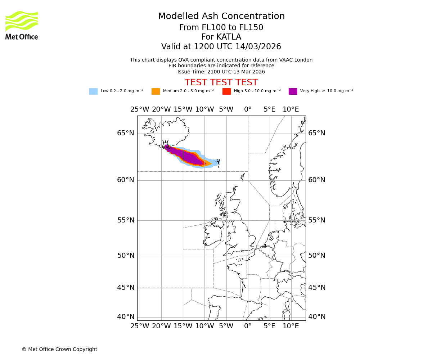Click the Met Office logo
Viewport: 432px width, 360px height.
[x=22, y=25]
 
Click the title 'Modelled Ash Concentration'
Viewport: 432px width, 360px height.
[x=221, y=17]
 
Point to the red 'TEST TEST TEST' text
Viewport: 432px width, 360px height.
[x=221, y=82]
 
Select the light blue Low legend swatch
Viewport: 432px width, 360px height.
[x=93, y=91]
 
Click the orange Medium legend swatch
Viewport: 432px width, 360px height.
[x=156, y=91]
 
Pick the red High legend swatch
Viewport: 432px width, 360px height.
[x=226, y=91]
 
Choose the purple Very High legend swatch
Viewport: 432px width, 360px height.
[x=293, y=91]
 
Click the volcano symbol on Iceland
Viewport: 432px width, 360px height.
[x=166, y=145]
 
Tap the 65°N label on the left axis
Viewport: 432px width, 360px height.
[x=125, y=133]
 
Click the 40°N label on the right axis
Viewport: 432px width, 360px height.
[x=316, y=317]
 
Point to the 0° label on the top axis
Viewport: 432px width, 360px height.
[x=248, y=109]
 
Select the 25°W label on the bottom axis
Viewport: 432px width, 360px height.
[x=140, y=326]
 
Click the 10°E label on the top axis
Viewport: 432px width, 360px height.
[x=291, y=109]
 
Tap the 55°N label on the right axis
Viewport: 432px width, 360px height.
[x=316, y=220]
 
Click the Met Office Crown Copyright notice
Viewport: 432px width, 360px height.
[x=59, y=349]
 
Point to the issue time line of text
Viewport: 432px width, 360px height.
[x=221, y=72]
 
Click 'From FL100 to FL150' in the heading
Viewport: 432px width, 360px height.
[x=221, y=28]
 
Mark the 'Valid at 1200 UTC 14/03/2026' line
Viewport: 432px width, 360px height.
[x=221, y=47]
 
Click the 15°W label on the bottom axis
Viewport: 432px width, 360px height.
[x=183, y=326]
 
